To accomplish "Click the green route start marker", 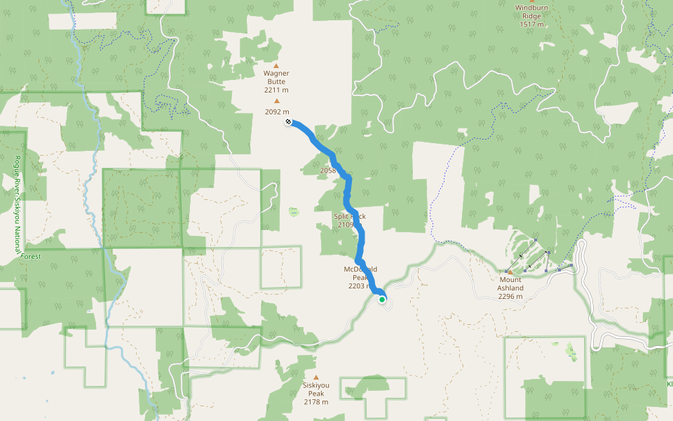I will [382, 300].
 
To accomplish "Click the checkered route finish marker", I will [288, 123].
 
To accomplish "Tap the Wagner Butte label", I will [276, 77].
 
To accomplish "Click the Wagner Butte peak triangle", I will [276, 65].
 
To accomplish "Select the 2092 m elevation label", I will [277, 112].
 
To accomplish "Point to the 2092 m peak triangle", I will [276, 101].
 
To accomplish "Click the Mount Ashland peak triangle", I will [510, 272].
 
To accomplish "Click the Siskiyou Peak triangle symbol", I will [316, 377].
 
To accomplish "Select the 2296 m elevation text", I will [510, 296].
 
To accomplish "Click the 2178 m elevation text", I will [316, 402].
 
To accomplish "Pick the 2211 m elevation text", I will [276, 91].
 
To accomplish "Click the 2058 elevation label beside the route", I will [327, 171].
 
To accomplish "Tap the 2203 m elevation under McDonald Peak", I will [359, 286].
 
